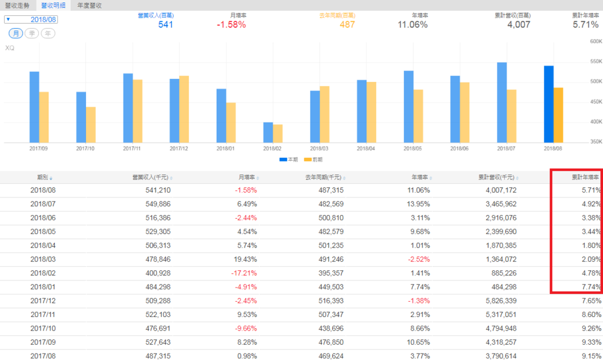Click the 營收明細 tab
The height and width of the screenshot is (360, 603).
click(x=52, y=5)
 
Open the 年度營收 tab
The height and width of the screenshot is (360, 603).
click(x=90, y=5)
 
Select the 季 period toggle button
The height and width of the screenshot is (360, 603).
click(x=32, y=33)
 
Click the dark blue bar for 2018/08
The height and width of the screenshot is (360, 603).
click(x=548, y=104)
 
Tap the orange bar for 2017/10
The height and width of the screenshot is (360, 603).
click(x=91, y=124)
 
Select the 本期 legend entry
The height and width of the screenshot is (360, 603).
click(x=287, y=160)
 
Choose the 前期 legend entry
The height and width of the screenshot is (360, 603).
click(x=313, y=160)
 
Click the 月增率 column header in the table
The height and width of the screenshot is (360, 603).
click(x=246, y=177)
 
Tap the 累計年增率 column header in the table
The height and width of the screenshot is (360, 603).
click(x=585, y=177)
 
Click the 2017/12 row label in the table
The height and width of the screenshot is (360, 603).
click(x=42, y=300)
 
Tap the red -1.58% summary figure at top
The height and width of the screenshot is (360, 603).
click(x=231, y=25)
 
